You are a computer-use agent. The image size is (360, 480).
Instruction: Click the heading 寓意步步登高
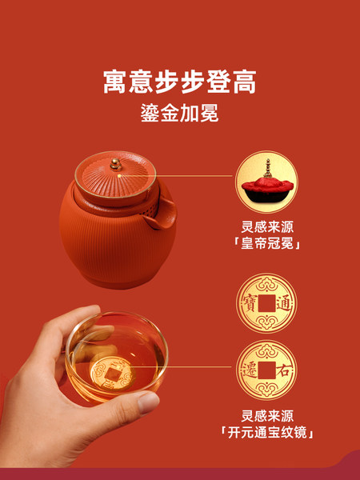180,82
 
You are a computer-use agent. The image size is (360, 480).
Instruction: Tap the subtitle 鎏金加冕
180,113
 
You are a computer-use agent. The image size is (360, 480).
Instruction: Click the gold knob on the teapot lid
116,164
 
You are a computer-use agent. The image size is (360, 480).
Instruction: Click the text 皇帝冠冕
267,244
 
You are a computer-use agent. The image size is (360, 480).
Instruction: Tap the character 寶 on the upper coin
250,303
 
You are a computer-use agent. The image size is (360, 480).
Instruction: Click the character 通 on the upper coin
284,303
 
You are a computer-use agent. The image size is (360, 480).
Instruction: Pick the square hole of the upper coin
266,303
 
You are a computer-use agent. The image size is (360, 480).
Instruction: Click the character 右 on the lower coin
283,370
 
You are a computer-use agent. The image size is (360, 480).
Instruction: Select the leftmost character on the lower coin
250,370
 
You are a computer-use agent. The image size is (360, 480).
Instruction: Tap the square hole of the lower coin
266,370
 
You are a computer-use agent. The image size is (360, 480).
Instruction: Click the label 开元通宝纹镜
267,433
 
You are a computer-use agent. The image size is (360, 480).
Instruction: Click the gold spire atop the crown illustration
268,168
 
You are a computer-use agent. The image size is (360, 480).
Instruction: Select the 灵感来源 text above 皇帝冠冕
267,227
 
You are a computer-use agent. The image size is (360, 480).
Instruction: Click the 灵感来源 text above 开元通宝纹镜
267,416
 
